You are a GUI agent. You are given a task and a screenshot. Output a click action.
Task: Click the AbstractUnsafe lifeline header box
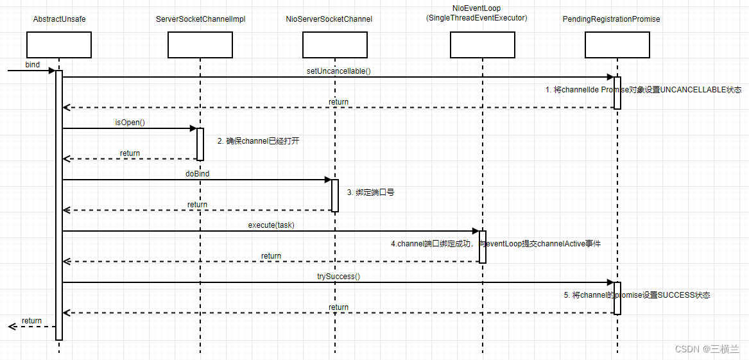(x=59, y=45)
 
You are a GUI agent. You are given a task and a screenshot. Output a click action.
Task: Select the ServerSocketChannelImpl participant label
(x=200, y=19)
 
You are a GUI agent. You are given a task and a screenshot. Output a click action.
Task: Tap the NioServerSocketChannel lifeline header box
(x=335, y=45)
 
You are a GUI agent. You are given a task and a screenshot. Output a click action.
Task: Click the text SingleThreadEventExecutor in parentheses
(x=476, y=19)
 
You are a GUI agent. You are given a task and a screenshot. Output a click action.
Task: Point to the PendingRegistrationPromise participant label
(x=611, y=19)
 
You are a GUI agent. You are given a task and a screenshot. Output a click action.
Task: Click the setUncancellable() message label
(x=338, y=71)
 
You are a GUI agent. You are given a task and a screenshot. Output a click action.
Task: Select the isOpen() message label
(x=130, y=123)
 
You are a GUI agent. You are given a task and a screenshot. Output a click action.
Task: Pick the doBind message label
(x=197, y=174)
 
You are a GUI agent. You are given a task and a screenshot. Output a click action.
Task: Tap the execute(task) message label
(x=271, y=225)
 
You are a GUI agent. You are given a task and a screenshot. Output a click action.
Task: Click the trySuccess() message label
(x=338, y=277)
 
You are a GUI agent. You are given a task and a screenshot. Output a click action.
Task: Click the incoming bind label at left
(x=33, y=65)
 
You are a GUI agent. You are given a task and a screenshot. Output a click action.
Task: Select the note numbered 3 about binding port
(x=370, y=192)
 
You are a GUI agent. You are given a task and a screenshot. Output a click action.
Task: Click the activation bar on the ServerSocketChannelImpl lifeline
(x=200, y=144)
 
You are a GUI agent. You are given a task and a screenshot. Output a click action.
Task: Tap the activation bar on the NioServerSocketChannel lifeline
(x=335, y=196)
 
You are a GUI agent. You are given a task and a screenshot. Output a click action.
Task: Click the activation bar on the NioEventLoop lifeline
(x=483, y=247)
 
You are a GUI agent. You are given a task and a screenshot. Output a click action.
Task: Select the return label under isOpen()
(x=130, y=153)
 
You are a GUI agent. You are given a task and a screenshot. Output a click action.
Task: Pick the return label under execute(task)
(x=271, y=256)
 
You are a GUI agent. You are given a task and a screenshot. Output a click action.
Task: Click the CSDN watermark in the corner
(x=707, y=349)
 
